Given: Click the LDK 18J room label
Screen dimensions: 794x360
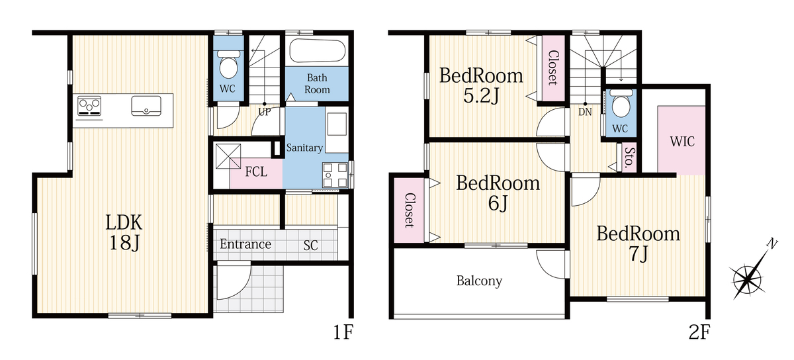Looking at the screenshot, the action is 124,233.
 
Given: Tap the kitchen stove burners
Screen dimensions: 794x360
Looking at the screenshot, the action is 89,106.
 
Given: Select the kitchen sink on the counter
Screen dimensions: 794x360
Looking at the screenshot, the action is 146,106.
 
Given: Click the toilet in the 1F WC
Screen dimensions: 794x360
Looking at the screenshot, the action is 228,65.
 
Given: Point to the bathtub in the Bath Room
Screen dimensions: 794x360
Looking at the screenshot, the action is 317,51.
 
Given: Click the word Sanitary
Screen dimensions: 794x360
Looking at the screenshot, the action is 304,148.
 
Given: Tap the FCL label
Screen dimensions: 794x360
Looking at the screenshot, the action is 256,172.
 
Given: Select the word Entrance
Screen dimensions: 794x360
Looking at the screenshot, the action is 245,244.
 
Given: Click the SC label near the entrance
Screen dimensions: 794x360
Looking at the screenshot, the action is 310,246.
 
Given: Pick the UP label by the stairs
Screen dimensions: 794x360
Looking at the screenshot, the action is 265,112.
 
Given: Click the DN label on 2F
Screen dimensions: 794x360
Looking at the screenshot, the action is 585,112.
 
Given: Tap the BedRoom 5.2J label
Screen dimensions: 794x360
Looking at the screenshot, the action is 481,85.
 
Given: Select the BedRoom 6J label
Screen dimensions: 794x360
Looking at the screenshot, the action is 498,193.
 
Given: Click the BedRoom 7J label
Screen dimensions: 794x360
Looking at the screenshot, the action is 638,244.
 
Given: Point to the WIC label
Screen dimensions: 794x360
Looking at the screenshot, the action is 682,142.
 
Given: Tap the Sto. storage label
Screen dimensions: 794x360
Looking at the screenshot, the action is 629,157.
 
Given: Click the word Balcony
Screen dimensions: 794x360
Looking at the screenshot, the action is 479,281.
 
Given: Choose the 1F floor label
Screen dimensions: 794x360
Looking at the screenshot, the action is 343,332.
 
